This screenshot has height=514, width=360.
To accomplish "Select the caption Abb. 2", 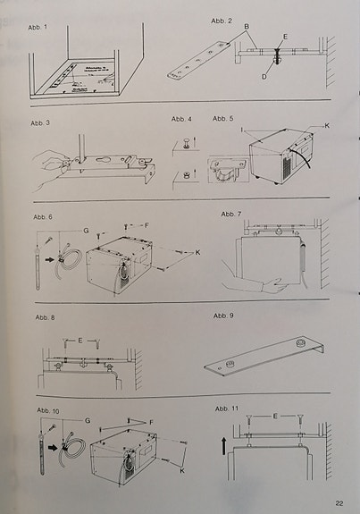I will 222,21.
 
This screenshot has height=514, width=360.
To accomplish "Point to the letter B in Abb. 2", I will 247,27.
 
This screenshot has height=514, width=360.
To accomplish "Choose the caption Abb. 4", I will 182,119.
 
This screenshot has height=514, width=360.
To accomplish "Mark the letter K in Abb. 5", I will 326,126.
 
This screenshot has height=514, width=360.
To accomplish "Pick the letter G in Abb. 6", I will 86,231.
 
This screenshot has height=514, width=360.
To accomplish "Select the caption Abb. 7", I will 231,215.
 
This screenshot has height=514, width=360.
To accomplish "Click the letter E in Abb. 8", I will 81,341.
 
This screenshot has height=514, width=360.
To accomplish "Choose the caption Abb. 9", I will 224,316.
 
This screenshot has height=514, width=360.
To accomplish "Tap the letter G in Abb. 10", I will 88,419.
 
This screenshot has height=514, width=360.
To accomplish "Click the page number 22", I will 339,503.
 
